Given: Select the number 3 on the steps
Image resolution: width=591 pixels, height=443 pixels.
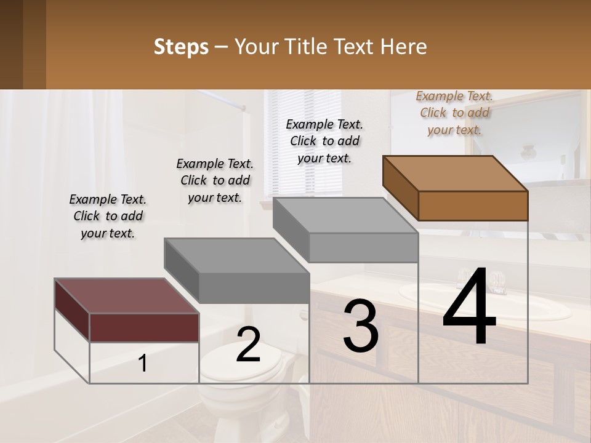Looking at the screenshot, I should [x=361, y=325].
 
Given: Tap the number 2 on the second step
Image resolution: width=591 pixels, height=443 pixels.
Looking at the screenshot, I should [x=248, y=345].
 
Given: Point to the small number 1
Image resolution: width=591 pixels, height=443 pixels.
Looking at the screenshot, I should [x=143, y=364].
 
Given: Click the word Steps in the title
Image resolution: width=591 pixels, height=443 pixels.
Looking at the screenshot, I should [x=181, y=47].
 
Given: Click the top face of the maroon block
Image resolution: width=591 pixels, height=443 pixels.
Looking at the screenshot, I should [x=126, y=296].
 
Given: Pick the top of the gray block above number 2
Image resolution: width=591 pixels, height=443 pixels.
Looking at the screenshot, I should [x=236, y=255].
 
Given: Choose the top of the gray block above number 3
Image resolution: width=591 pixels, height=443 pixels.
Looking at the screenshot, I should [x=345, y=215].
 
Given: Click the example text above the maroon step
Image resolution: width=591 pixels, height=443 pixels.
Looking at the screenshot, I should [x=108, y=216].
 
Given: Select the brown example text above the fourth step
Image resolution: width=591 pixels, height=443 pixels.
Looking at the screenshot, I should [x=454, y=113].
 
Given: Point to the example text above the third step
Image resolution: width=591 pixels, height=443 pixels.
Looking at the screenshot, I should [x=324, y=141].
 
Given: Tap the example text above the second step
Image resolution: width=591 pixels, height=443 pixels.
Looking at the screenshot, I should [x=215, y=180].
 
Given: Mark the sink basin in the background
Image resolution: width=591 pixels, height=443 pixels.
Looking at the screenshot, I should [x=486, y=308].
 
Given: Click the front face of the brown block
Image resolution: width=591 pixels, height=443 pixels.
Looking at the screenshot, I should [x=473, y=206].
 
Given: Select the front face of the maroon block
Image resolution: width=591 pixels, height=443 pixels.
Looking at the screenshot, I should [x=144, y=327].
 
